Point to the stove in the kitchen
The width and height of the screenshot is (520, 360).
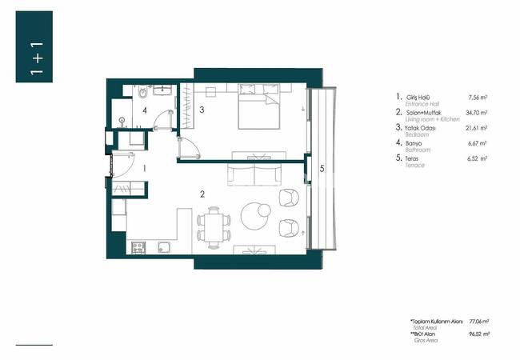[136, 246]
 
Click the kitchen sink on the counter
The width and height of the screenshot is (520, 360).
[164, 246]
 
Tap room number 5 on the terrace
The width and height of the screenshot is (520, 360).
[322, 169]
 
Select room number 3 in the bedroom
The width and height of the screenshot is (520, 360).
[203, 110]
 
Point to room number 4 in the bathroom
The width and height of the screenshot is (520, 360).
[145, 111]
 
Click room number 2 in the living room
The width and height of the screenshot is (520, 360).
[202, 194]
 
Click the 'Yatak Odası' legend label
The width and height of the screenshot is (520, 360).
[424, 128]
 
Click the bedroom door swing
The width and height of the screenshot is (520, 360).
[188, 149]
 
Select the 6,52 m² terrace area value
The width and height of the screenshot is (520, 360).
[477, 159]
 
